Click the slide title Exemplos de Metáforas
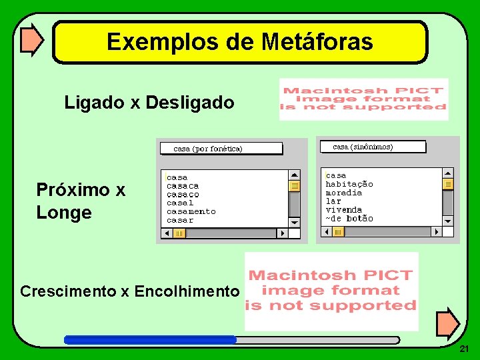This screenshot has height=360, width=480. tap(239, 42)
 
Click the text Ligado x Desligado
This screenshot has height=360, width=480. tap(149, 103)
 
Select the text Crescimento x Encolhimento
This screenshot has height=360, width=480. tap(129, 291)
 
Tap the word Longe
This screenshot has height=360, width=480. tap(64, 213)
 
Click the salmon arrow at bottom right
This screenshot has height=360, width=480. tap(447, 323)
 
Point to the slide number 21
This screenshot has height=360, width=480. tap(464, 349)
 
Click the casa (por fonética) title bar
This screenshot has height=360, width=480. tap(221, 149)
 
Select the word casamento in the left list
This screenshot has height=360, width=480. tap(191, 211)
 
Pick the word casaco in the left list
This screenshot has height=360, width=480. tap(183, 194)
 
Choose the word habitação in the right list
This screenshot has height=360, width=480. tap(349, 184)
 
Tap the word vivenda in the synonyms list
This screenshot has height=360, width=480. tap(343, 209)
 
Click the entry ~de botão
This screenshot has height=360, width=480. tap(349, 218)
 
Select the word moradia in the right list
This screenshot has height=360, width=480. tap(343, 193)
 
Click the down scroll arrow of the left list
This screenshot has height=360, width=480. tap(295, 222)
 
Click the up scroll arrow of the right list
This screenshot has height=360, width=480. tap(448, 172)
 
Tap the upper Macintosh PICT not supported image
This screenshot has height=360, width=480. tap(363, 99)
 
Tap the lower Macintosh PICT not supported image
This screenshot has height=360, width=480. tap(331, 291)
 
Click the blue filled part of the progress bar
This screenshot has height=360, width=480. tap(150, 339)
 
